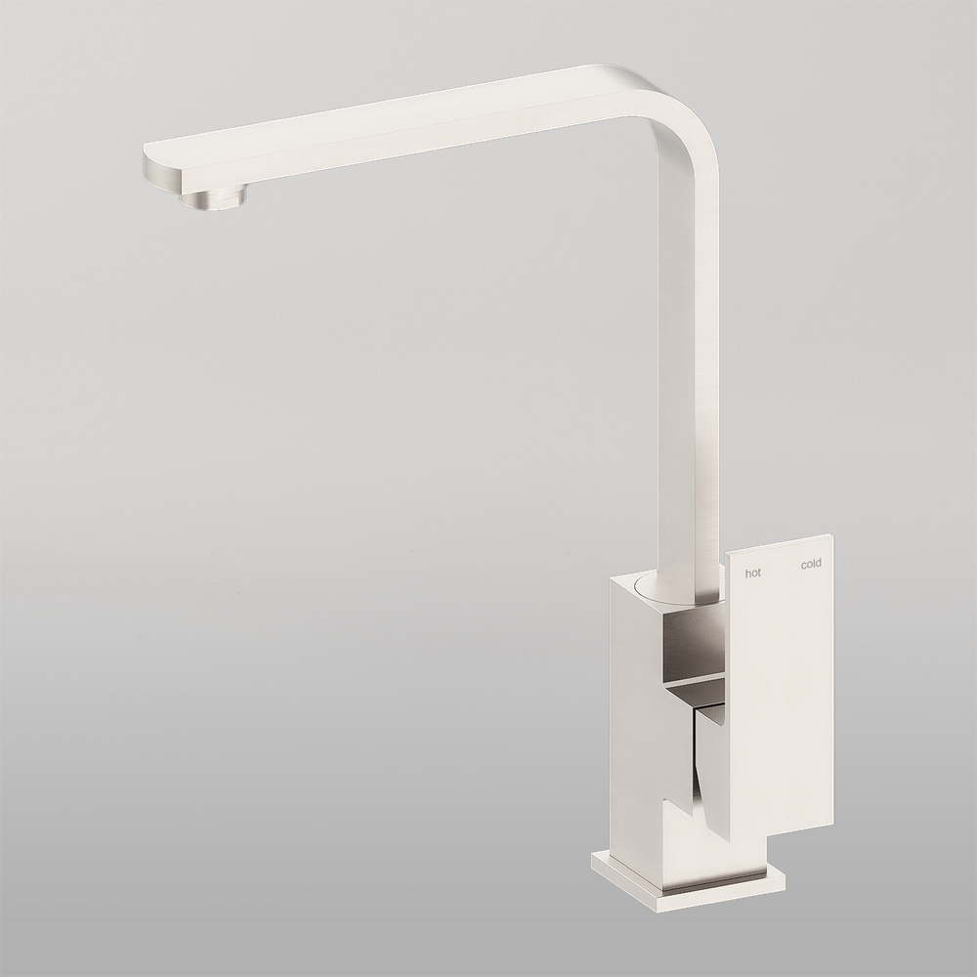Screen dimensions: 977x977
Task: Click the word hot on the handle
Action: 752,573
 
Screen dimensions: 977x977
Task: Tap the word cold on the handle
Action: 811,564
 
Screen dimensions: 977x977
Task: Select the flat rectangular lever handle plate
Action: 782,684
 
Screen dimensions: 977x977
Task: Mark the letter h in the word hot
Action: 747,573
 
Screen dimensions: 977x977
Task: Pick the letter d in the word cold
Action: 819,563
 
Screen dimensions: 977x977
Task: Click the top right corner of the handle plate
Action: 831,536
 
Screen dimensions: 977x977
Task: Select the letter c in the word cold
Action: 803,565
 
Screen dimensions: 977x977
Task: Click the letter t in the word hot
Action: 758,573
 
